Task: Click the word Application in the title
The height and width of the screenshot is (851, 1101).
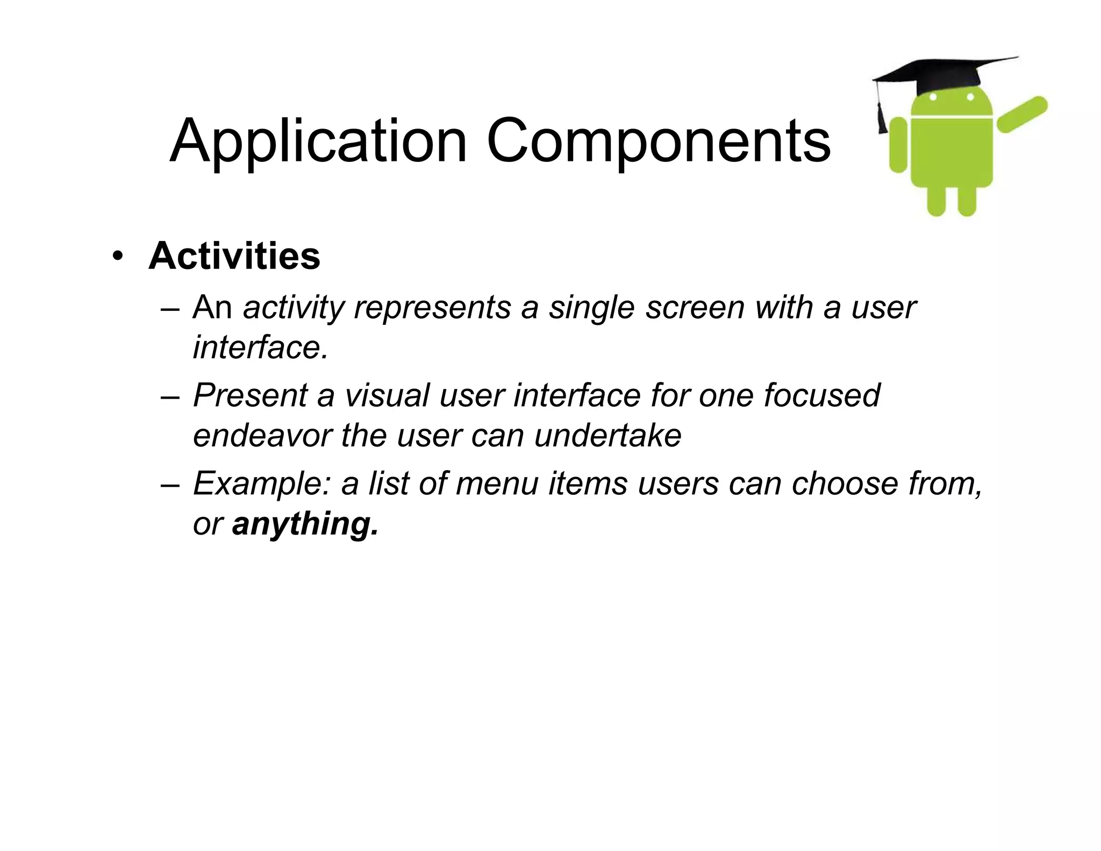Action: click(x=318, y=142)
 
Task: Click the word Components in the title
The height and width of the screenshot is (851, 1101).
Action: click(x=658, y=142)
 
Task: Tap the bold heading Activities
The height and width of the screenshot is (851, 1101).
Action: click(x=234, y=256)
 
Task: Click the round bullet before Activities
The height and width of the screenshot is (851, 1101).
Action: click(x=117, y=257)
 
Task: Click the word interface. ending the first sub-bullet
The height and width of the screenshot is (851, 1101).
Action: click(x=260, y=347)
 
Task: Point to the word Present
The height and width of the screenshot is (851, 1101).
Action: click(x=250, y=395)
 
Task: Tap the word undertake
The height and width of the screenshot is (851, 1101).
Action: click(x=607, y=435)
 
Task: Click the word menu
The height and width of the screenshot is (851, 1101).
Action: click(x=497, y=484)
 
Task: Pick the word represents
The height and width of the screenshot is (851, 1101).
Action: click(x=432, y=308)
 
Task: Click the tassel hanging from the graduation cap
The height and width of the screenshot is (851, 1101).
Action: click(x=882, y=116)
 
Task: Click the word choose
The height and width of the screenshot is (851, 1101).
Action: click(x=845, y=484)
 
